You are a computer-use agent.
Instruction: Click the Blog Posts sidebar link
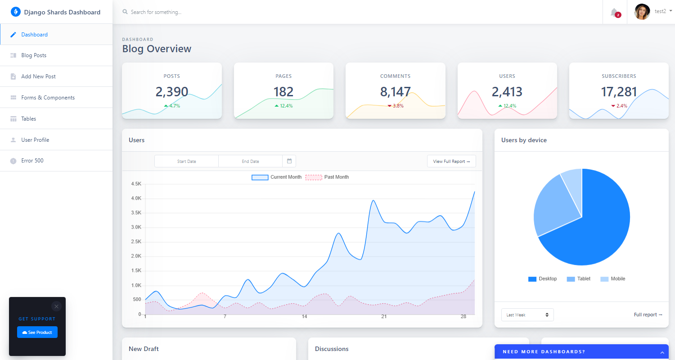coord(34,55)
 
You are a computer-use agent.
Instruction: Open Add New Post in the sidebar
coord(38,76)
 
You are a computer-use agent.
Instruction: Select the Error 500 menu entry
coord(32,161)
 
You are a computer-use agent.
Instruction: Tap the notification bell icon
coord(614,12)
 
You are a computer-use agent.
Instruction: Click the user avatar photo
coord(642,12)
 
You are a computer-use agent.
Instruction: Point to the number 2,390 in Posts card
coord(172,92)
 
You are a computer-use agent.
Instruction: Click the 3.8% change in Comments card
coord(396,106)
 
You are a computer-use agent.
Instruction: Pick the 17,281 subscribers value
coord(619,92)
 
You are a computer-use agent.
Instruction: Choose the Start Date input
coord(186,161)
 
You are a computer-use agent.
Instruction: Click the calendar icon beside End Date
coord(289,161)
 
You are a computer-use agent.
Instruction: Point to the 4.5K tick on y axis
coord(136,184)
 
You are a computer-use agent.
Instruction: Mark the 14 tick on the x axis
coord(305,317)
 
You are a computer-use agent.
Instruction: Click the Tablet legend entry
coord(579,279)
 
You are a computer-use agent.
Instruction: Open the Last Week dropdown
coord(527,315)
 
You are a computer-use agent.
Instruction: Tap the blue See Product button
coord(37,333)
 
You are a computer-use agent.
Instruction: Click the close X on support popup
coord(56,306)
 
